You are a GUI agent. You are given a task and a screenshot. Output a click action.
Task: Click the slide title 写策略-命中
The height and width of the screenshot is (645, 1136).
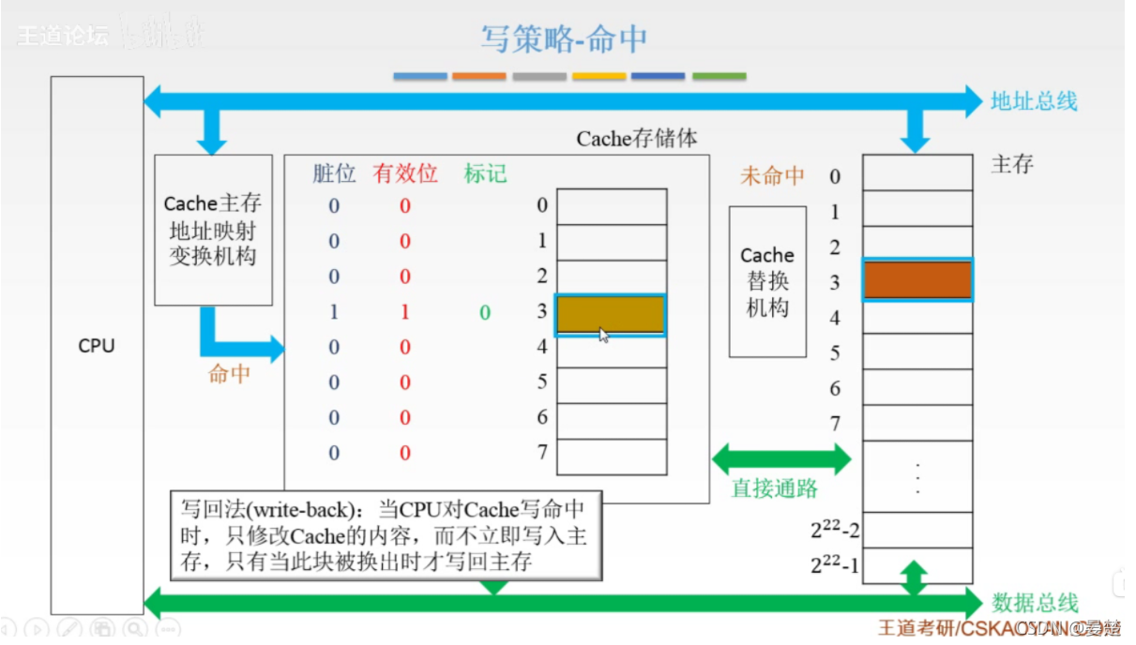coord(564,39)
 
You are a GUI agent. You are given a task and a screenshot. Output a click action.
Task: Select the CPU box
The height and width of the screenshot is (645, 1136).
coord(97,345)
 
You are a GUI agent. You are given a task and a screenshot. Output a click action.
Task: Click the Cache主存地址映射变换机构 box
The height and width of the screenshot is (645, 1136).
coord(213,230)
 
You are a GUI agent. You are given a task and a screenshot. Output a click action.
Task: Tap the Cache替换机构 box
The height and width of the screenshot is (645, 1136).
coord(767,281)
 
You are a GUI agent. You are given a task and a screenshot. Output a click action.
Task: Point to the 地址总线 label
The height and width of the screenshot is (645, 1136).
coord(1034,101)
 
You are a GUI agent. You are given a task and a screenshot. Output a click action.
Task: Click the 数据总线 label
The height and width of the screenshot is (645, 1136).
coord(1035,603)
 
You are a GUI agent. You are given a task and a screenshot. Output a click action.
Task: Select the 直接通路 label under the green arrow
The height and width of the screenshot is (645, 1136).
coord(774,488)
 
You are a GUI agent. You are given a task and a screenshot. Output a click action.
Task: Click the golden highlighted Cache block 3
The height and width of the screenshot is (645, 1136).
coord(611,315)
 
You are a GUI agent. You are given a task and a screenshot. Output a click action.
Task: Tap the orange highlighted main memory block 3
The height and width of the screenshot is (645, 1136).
coord(917,280)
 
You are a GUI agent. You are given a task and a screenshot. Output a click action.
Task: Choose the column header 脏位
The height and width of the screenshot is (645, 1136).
coord(335,173)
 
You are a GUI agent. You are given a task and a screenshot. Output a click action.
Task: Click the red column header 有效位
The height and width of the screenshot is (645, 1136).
coord(405,173)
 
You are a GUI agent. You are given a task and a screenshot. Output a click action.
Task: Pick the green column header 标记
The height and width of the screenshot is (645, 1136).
coord(485,173)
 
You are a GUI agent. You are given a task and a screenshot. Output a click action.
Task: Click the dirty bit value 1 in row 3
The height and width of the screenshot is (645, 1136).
coord(334,312)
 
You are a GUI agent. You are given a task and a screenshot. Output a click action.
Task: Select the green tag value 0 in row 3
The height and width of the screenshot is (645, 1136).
coord(485,312)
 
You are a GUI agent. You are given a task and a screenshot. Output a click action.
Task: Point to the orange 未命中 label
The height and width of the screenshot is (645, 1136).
coord(772,175)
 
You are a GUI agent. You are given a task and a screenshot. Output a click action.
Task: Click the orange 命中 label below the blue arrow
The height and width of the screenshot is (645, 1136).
coord(229,374)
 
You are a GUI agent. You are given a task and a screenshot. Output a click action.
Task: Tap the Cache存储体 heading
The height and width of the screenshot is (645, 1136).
coord(637,139)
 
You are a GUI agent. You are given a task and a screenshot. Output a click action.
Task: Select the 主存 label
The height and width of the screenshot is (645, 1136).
coord(1012,164)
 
